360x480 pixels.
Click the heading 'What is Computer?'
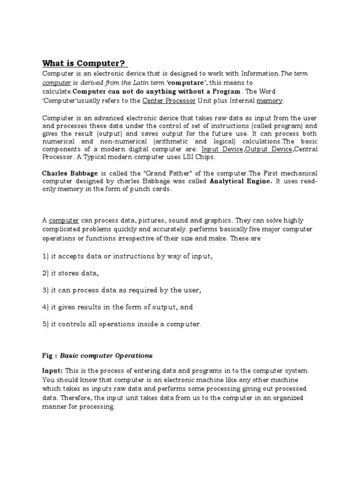pyautogui.click(x=85, y=63)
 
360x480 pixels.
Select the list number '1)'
pyautogui.click(x=46, y=256)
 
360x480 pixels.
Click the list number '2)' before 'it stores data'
pyautogui.click(x=46, y=273)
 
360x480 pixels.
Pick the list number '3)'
pyautogui.click(x=46, y=290)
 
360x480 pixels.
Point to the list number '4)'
pyautogui.click(x=46, y=307)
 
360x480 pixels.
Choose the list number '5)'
pyautogui.click(x=46, y=324)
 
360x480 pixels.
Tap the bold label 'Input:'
pyautogui.click(x=53, y=370)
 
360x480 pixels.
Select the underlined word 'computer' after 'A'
pyautogui.click(x=64, y=220)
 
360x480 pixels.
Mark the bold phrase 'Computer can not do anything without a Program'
pyautogui.click(x=157, y=91)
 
